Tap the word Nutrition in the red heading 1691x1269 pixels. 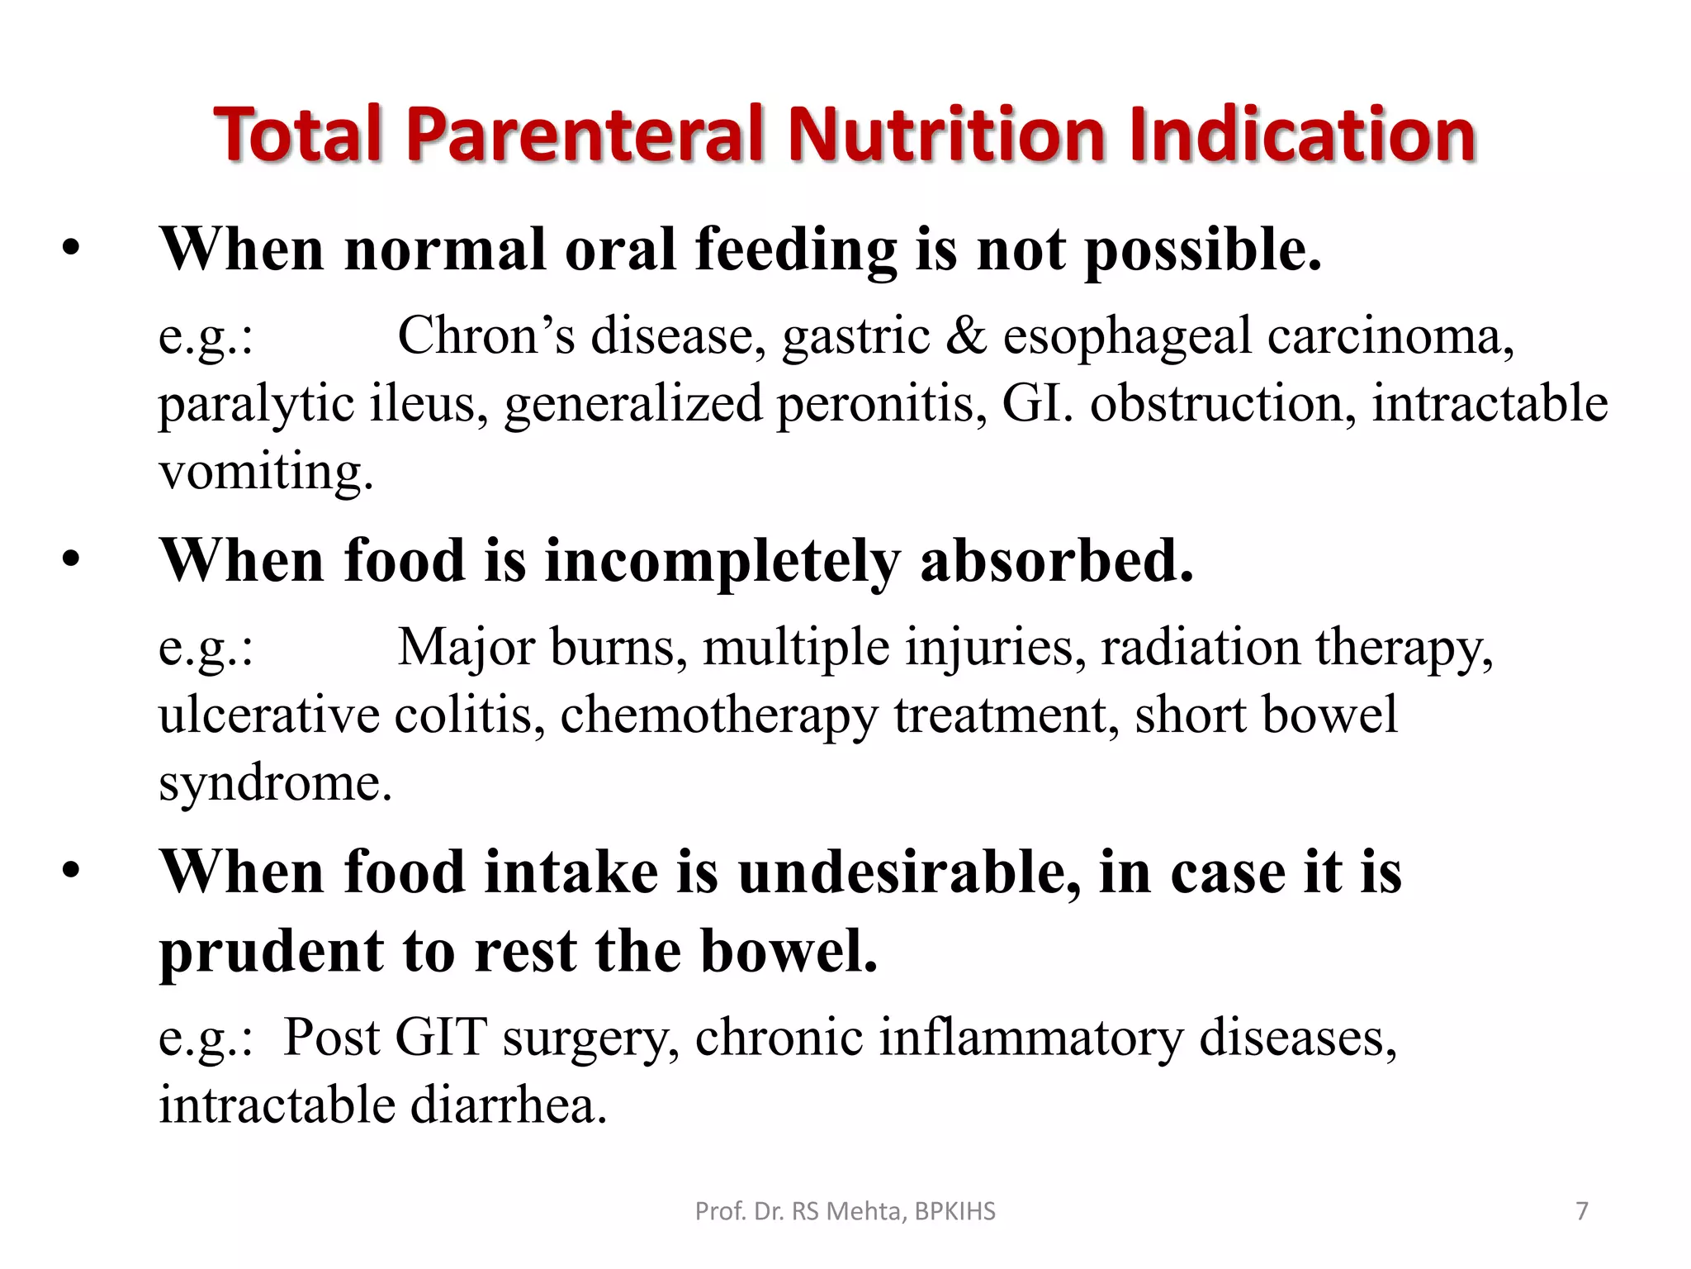[946, 135]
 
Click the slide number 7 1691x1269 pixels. [1582, 1211]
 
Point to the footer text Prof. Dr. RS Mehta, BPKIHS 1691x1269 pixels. [845, 1211]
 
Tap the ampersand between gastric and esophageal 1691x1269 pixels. [966, 336]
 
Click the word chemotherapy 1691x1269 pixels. [718, 715]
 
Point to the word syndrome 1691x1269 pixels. [275, 783]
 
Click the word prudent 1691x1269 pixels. [271, 952]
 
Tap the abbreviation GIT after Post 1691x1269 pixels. [441, 1038]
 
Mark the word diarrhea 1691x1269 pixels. [509, 1105]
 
